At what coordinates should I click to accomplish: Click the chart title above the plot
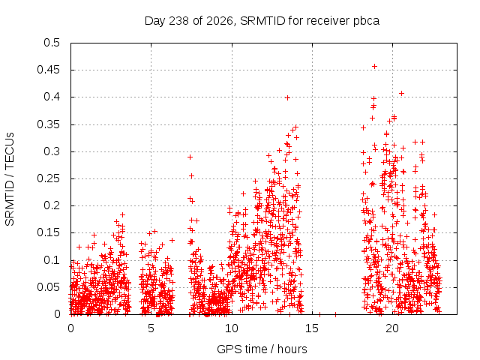point(262,21)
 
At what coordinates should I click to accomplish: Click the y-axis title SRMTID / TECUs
point(10,179)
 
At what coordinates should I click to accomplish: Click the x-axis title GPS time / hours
point(262,349)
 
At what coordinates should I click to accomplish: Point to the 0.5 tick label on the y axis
point(52,43)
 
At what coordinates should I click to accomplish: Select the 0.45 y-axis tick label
point(48,70)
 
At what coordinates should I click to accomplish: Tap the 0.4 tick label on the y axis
point(52,97)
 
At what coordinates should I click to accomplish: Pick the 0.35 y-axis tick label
point(48,124)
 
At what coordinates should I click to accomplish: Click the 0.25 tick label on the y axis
point(48,178)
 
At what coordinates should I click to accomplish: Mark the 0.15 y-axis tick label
point(48,232)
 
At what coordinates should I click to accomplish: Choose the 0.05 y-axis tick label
point(48,287)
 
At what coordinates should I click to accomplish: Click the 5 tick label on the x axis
point(151,328)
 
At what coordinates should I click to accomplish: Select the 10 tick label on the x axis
point(232,328)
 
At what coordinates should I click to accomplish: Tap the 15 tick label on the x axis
point(312,328)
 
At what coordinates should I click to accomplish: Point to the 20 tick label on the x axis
point(392,328)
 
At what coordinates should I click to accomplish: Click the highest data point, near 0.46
point(374,67)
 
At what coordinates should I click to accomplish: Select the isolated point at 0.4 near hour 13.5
point(287,98)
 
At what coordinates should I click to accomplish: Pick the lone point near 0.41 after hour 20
point(402,93)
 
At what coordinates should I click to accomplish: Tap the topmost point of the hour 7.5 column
point(190,157)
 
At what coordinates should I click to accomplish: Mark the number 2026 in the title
point(220,21)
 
